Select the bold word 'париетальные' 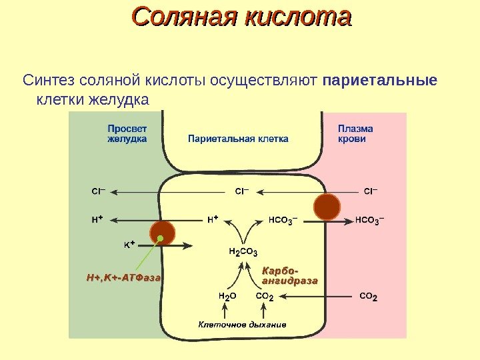[379, 81]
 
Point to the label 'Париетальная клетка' [238, 139]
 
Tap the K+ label [129, 245]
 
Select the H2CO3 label [243, 251]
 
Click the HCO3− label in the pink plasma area [370, 218]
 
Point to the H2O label [227, 295]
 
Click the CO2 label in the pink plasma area [368, 295]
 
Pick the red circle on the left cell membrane [162, 233]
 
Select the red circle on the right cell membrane [327, 207]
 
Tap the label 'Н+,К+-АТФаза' [124, 276]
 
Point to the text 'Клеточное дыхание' [242, 325]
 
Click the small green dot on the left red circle [161, 238]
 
